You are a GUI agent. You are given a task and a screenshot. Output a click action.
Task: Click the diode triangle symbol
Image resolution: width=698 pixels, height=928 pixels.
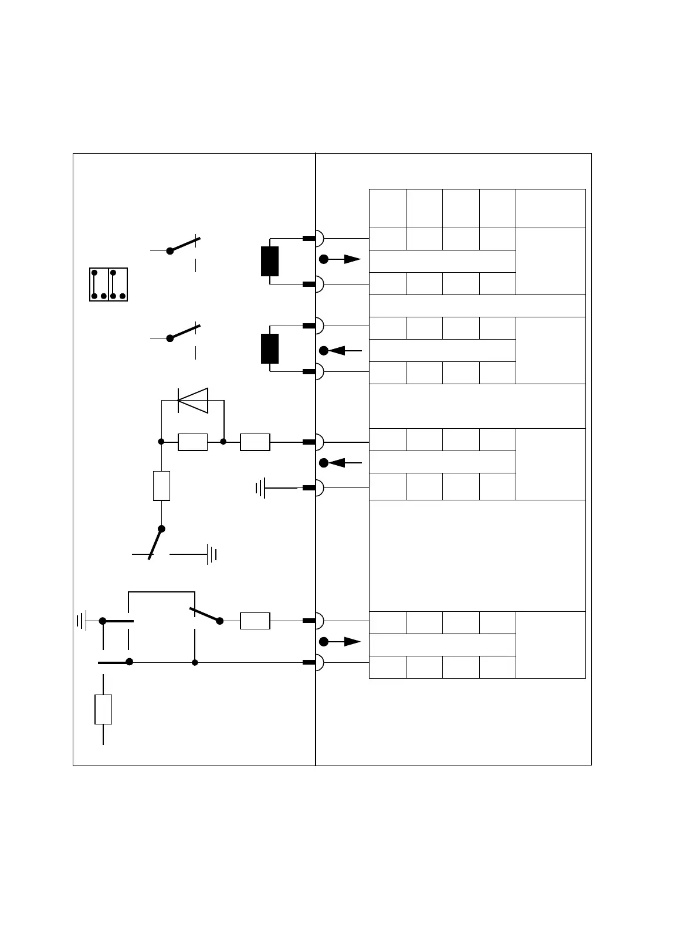(x=193, y=401)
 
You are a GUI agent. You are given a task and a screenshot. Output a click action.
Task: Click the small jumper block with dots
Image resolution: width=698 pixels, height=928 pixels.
(x=109, y=285)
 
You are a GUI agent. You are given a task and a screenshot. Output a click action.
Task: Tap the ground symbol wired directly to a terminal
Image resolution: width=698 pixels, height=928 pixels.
(x=260, y=487)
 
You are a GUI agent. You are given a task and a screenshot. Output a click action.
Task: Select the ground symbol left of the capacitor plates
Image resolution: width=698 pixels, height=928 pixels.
(x=82, y=620)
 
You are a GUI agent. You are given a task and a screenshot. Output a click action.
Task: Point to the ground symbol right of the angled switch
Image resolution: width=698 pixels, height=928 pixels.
(x=212, y=554)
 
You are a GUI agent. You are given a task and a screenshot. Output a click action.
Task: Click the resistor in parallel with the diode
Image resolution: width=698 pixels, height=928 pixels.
(x=192, y=442)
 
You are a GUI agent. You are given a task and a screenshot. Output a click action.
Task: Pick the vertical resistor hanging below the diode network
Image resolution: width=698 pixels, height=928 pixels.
(x=161, y=486)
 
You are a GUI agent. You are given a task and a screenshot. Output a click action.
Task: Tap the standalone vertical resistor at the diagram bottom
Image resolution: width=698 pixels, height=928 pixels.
(x=103, y=709)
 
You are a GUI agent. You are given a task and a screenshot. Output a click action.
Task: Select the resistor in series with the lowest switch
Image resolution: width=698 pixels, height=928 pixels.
(x=255, y=621)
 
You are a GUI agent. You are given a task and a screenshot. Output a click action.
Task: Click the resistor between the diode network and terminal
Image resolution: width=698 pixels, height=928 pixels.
(x=255, y=442)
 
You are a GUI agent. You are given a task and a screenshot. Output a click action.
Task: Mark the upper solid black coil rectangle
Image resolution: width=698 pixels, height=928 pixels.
(x=270, y=262)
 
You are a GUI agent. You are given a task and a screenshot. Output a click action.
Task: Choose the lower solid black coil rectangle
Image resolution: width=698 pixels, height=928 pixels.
(x=270, y=348)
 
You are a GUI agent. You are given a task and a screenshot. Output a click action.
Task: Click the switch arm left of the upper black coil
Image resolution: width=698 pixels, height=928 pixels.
(x=184, y=245)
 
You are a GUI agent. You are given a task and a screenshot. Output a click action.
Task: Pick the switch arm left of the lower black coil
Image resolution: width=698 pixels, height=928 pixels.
(x=184, y=331)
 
